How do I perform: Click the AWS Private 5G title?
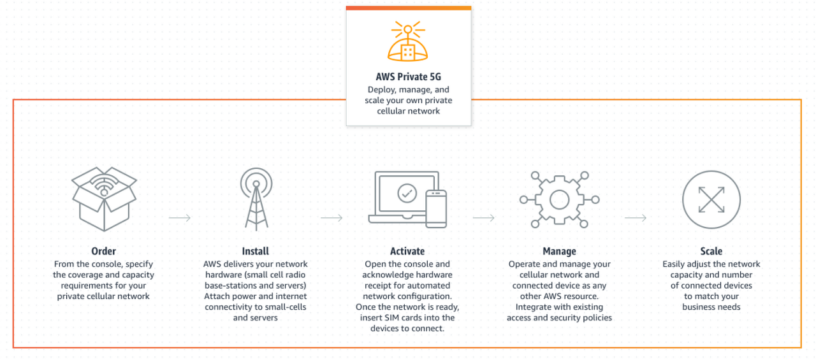tap(408, 77)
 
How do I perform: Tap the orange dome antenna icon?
tap(408, 42)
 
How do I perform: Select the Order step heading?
tap(103, 251)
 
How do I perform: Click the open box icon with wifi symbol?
tap(104, 198)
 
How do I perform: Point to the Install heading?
tap(255, 251)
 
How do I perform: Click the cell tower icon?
tap(256, 198)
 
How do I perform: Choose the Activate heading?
tap(407, 251)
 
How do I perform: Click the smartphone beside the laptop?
tap(436, 208)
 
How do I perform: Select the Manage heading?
tap(559, 251)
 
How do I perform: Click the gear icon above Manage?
tap(559, 199)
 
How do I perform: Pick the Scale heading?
tap(711, 251)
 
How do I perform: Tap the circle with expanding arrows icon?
tap(711, 199)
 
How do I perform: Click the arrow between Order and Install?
tap(180, 218)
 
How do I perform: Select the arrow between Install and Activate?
tap(331, 218)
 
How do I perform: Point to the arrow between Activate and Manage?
tap(484, 218)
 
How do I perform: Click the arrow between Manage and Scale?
tap(636, 218)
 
